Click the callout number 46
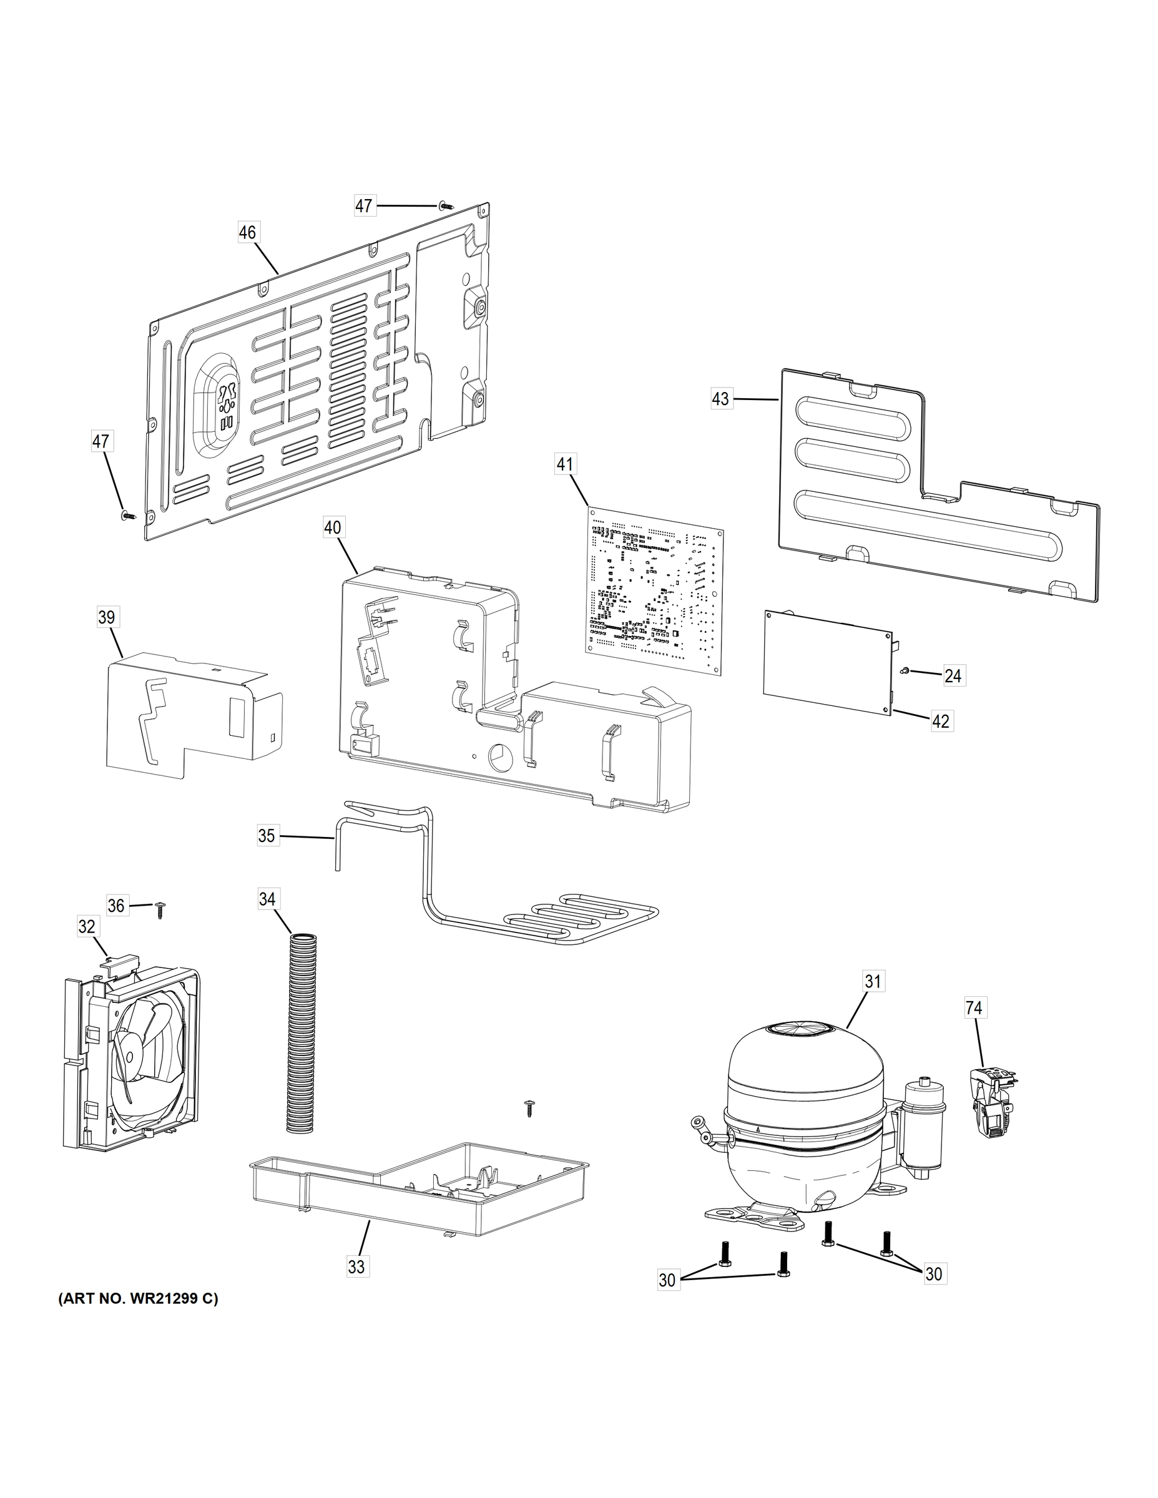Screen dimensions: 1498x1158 [x=247, y=233]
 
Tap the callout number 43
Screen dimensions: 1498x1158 [x=720, y=398]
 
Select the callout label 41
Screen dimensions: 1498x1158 [x=564, y=464]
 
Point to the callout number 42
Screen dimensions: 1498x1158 [x=941, y=721]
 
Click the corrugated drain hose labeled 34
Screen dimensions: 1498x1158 [x=303, y=1035]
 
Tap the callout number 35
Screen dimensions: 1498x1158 [x=267, y=835]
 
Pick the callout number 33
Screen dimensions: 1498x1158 [x=356, y=1266]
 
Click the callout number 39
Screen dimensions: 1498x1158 [x=106, y=617]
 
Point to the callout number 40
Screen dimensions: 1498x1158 [x=333, y=527]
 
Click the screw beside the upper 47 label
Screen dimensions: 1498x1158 [x=445, y=205]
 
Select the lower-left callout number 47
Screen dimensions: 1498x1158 [x=101, y=442]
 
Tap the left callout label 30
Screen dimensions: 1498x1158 [x=667, y=1280]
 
